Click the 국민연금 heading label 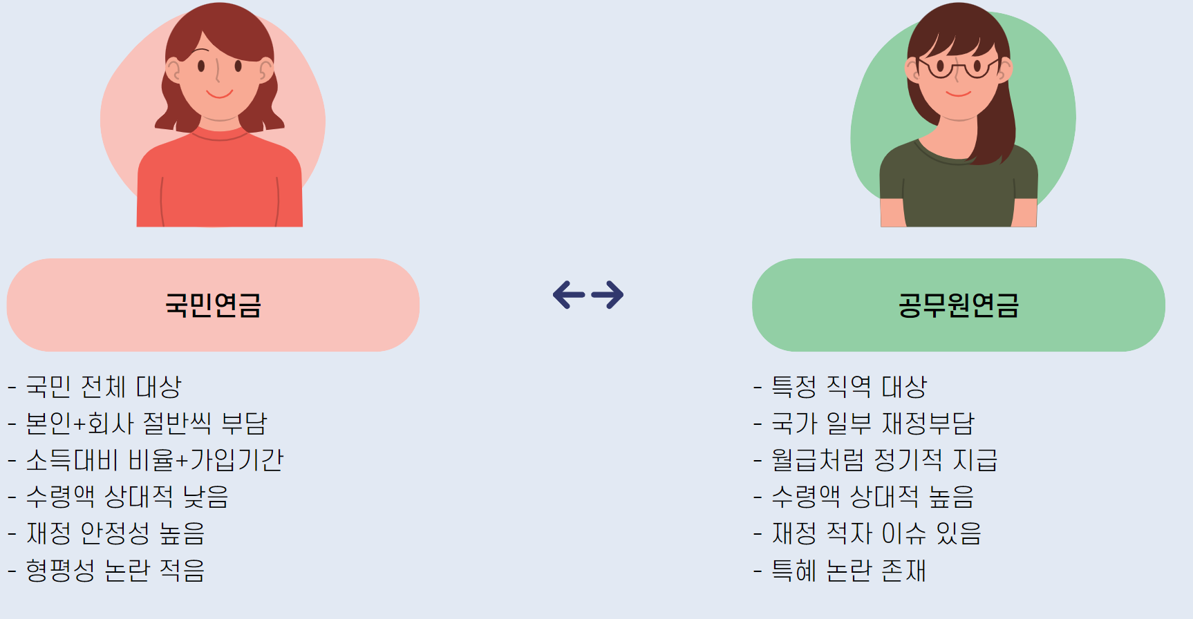[213, 305]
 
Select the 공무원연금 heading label [958, 305]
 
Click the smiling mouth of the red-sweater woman [219, 94]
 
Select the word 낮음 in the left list [205, 497]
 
